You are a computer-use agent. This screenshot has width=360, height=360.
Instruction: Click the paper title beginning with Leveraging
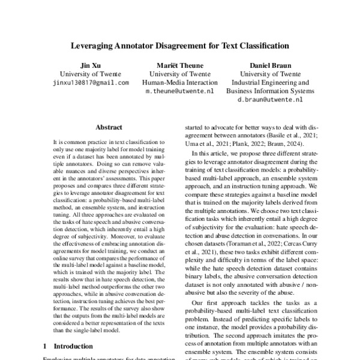coord(180,45)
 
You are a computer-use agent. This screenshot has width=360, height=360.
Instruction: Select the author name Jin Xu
coord(91,64)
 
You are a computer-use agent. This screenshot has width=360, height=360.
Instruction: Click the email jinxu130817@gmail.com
coord(91,83)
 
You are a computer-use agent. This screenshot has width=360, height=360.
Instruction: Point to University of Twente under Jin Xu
coord(91,74)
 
